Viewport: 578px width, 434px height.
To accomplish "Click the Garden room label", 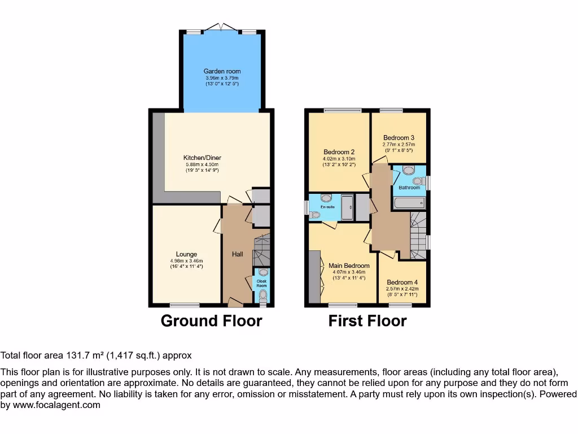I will coord(222,71).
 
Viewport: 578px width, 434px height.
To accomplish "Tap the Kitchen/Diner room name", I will coord(202,158).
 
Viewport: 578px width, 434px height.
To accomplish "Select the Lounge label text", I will coord(186,254).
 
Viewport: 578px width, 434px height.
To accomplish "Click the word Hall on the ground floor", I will coord(238,255).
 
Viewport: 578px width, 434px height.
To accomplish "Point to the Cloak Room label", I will coord(261,283).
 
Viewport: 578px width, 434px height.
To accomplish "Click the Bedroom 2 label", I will coord(339,152).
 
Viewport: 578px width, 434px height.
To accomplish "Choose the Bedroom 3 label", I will coord(399,138).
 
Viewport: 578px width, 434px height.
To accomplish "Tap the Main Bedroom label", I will coord(349,266).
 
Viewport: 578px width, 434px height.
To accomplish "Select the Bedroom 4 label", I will coord(402,283).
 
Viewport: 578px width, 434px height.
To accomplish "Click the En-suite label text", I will coord(327,207).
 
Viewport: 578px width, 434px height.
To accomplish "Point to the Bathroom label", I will coord(409,188).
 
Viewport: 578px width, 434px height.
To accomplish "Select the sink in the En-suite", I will coord(326,199).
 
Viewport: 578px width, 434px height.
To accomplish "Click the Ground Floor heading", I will coord(211,321).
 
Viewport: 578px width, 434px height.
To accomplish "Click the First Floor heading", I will coord(367,321).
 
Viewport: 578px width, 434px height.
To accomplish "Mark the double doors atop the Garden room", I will coord(221,27).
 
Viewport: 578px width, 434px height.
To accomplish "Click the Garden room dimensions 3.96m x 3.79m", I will coord(222,78).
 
